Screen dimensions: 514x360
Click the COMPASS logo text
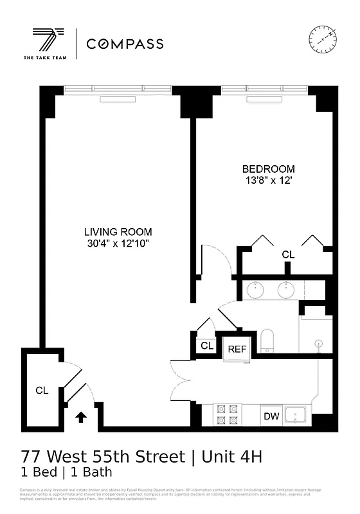[x=125, y=44]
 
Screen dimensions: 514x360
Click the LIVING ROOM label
[x=118, y=232]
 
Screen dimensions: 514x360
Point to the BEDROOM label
[x=268, y=169]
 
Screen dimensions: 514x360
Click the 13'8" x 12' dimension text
[x=268, y=181]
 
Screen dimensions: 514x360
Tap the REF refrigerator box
[x=237, y=349]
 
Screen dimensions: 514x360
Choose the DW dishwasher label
[x=271, y=416]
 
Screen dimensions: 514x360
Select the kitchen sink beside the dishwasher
[x=296, y=415]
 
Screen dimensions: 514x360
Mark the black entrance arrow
[x=82, y=417]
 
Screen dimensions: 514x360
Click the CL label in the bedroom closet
[x=288, y=255]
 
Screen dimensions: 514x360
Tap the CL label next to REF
[x=206, y=346]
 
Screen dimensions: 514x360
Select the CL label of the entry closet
[x=42, y=390]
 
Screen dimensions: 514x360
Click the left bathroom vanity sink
[x=255, y=290]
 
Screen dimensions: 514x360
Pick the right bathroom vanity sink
[x=286, y=290]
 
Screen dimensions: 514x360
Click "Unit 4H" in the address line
[x=233, y=457]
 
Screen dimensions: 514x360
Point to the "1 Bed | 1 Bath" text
[x=67, y=473]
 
